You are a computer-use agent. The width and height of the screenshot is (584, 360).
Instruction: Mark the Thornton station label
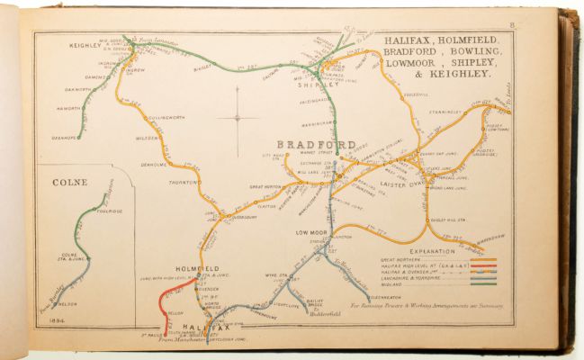click(180, 182)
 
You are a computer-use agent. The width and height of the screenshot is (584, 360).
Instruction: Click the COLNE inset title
click(69, 182)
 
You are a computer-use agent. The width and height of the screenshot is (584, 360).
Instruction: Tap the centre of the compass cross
click(238, 117)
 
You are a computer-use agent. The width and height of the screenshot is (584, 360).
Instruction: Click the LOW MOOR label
click(310, 232)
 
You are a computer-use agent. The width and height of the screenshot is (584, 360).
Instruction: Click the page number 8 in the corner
click(536, 25)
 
